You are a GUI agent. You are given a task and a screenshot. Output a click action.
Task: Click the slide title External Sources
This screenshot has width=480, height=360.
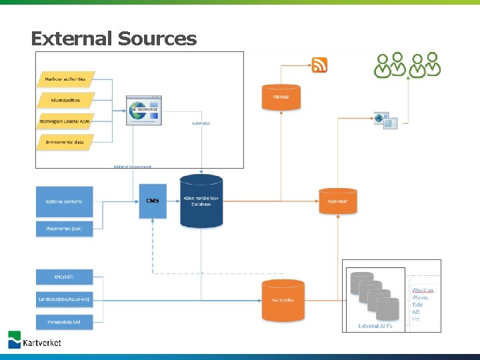(x=113, y=39)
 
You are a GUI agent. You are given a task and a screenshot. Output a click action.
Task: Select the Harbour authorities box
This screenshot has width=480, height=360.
(x=65, y=79)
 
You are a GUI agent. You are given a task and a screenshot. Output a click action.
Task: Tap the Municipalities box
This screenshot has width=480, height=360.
(x=65, y=100)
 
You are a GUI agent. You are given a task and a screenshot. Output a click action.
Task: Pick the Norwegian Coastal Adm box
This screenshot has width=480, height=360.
(x=65, y=121)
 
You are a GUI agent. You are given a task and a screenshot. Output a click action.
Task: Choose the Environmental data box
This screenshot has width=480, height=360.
(x=65, y=142)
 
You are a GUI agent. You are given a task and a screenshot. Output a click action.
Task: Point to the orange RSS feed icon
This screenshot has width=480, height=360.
(x=320, y=65)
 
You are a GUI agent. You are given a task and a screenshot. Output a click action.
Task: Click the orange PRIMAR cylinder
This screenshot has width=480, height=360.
(x=281, y=97)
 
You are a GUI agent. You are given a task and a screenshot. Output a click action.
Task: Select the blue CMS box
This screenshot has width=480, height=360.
(x=153, y=201)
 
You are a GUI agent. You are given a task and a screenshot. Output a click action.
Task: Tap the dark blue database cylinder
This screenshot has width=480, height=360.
(x=201, y=201)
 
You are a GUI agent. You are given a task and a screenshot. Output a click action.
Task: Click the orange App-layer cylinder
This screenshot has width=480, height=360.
(x=338, y=201)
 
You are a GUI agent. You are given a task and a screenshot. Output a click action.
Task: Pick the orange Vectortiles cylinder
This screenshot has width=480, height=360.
(x=281, y=300)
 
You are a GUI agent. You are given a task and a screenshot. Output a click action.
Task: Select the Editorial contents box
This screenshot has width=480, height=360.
(x=64, y=201)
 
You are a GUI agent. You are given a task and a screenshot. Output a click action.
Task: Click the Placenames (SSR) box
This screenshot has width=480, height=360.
(x=64, y=229)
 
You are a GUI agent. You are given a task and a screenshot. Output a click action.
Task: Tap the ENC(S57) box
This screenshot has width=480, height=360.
(x=64, y=277)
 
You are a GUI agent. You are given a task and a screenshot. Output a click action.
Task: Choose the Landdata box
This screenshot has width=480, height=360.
(x=64, y=299)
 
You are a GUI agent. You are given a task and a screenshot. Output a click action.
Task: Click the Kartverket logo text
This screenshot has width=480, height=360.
(x=42, y=342)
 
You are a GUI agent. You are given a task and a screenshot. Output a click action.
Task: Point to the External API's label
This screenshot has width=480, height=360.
(x=375, y=326)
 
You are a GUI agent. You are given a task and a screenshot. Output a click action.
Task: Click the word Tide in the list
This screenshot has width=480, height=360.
(x=417, y=305)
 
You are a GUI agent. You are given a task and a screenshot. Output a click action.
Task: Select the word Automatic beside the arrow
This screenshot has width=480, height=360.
(x=201, y=123)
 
